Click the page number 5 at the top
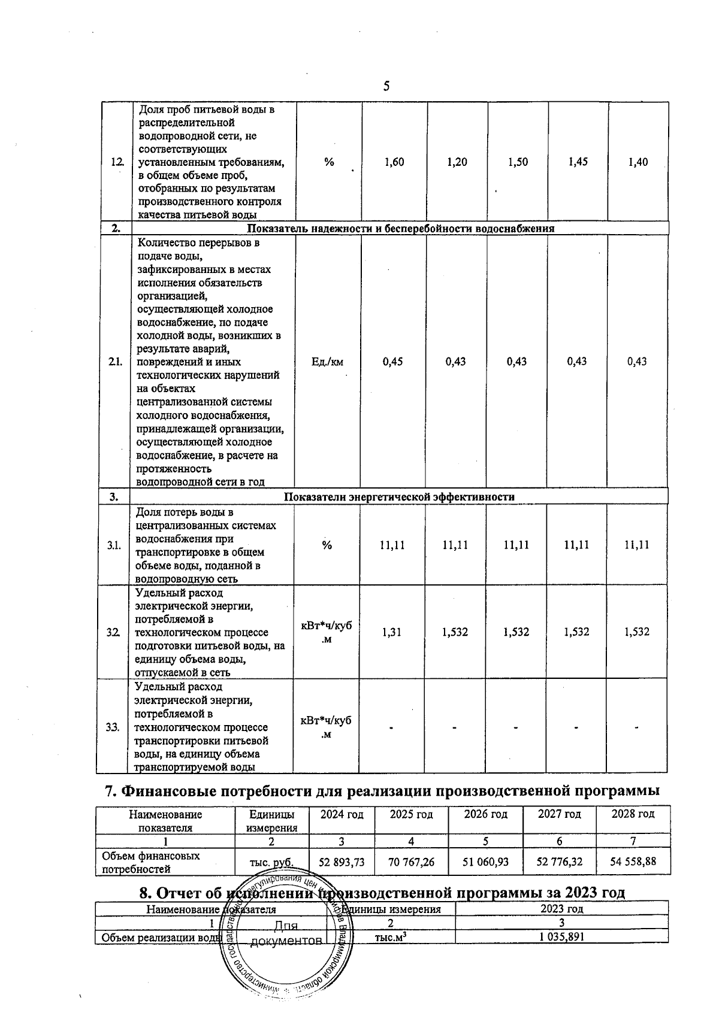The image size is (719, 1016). pyautogui.click(x=386, y=86)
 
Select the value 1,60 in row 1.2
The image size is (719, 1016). pyautogui.click(x=394, y=162)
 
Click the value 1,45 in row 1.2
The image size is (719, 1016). pyautogui.click(x=578, y=162)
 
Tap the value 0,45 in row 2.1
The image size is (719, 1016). pyautogui.click(x=392, y=362)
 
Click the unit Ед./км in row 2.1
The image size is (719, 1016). pyautogui.click(x=328, y=362)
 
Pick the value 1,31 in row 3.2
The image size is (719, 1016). pyautogui.click(x=392, y=632)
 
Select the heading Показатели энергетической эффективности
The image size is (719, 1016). pyautogui.click(x=398, y=497)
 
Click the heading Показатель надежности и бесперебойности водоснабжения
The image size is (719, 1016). pyautogui.click(x=400, y=229)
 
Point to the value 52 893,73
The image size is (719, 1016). pyautogui.click(x=341, y=863)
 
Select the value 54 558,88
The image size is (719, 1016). pyautogui.click(x=633, y=863)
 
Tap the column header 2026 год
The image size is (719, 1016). pyautogui.click(x=485, y=814)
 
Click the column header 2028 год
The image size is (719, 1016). pyautogui.click(x=633, y=814)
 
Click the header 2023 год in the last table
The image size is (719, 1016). pyautogui.click(x=561, y=926)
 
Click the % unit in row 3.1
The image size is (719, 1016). pyautogui.click(x=327, y=545)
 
